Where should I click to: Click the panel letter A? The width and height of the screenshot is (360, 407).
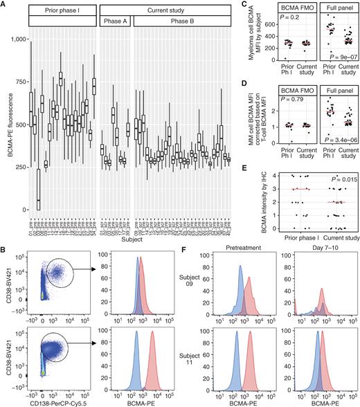pos(4,4)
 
